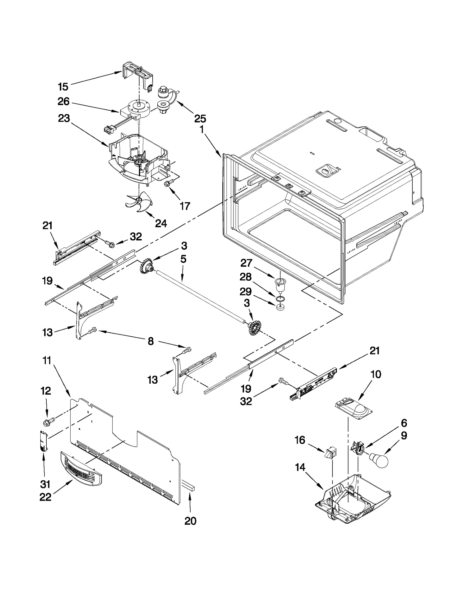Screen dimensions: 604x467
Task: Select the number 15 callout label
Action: [x=63, y=87]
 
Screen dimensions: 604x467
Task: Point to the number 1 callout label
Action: [x=201, y=129]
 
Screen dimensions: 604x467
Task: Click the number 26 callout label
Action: [x=63, y=102]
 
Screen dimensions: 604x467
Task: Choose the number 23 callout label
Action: [x=64, y=118]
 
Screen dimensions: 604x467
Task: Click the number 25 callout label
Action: [x=200, y=118]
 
